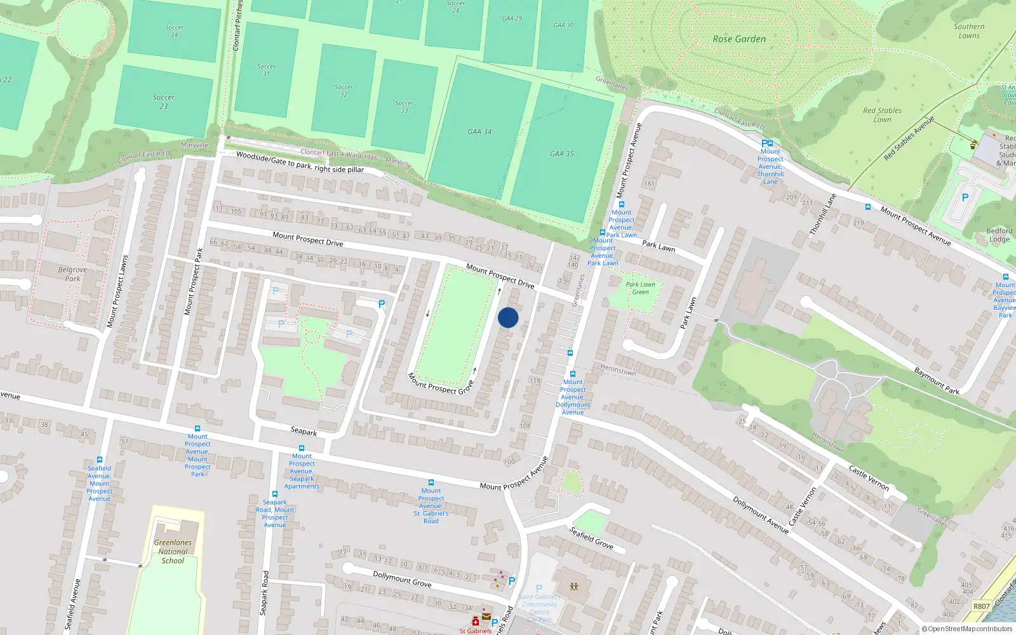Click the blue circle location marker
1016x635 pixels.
(x=508, y=317)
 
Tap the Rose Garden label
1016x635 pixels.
(x=739, y=39)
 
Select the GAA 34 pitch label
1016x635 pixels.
(x=479, y=132)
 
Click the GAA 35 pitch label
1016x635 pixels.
(x=561, y=154)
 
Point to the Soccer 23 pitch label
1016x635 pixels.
(x=164, y=102)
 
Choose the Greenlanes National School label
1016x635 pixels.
(x=173, y=551)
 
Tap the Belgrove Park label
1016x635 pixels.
(x=72, y=274)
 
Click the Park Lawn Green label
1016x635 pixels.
(x=640, y=288)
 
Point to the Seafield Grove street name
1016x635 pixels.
(x=591, y=537)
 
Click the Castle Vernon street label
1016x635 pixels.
(x=869, y=478)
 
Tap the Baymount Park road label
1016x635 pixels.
(x=937, y=380)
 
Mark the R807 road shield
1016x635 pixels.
(x=982, y=606)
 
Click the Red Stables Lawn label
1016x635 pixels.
(x=882, y=115)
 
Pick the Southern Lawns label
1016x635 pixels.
(x=969, y=31)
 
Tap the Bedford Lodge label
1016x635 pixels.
(x=999, y=235)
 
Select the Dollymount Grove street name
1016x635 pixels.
(x=402, y=579)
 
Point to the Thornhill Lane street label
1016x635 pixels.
(x=823, y=215)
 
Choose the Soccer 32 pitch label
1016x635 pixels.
(x=344, y=91)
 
